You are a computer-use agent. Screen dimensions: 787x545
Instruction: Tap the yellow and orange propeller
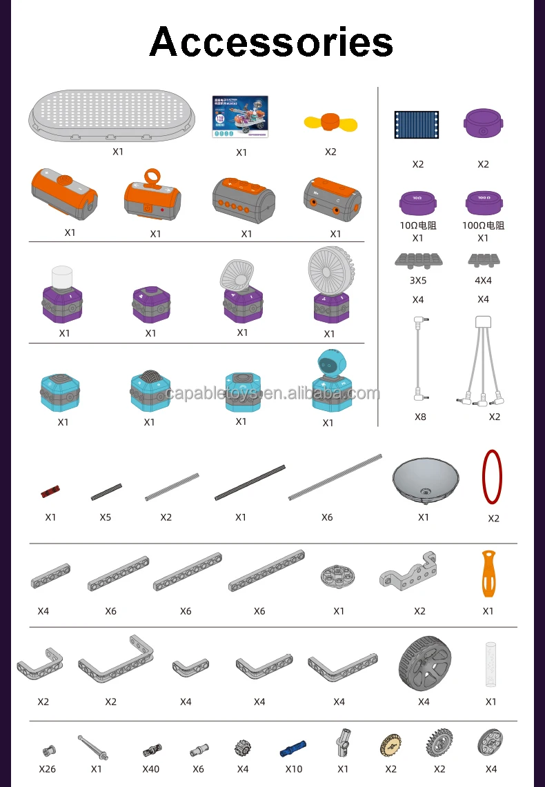(x=330, y=123)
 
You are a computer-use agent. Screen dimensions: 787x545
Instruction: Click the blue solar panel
(x=417, y=125)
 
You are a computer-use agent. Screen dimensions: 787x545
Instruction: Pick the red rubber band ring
(x=492, y=477)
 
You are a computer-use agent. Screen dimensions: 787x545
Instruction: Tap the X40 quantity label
(x=150, y=768)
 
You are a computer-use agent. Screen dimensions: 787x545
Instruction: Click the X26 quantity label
(x=47, y=768)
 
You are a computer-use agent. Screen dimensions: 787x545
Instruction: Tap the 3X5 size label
(x=417, y=281)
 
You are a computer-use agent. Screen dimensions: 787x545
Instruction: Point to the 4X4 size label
(x=483, y=281)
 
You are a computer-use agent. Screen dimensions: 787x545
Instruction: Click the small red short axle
(x=50, y=492)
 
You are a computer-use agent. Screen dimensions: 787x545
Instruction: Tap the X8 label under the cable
(x=420, y=417)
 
